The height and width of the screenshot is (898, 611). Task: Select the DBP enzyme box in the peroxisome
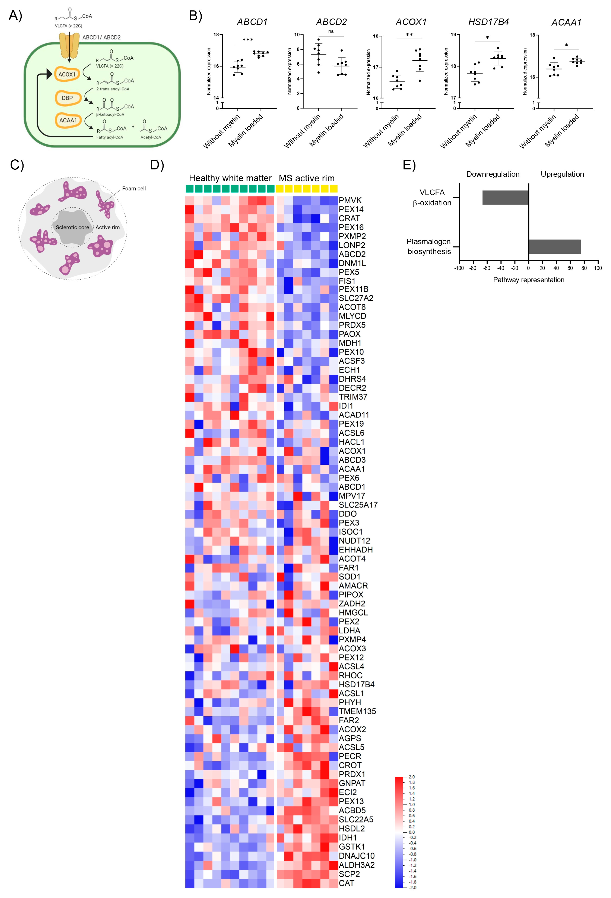coord(67,98)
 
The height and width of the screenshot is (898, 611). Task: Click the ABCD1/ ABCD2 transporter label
coord(101,38)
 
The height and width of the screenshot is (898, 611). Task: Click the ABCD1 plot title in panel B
coord(252,22)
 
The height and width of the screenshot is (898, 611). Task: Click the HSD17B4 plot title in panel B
coord(488,22)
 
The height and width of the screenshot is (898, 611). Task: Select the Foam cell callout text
coord(134,189)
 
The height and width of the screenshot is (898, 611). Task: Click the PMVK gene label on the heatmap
coord(350,200)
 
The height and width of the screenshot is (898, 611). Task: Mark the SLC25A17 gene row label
coord(358,505)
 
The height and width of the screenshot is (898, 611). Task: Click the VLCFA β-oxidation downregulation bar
coord(505,198)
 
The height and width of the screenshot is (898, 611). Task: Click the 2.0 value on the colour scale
coord(412,777)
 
